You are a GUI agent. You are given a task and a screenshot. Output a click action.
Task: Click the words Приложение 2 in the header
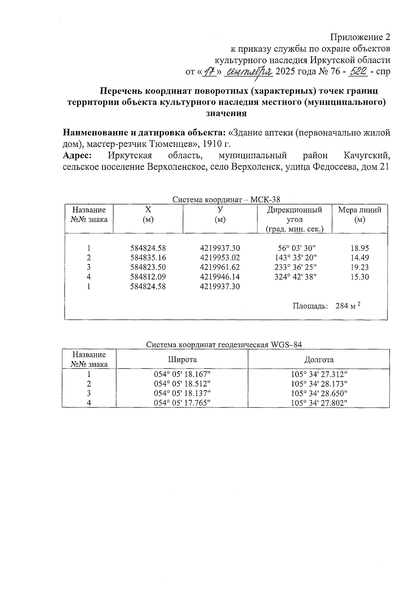[360, 37]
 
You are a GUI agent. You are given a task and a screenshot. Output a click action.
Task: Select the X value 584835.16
[148, 258]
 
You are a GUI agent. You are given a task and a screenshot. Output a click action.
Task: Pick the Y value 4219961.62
[220, 267]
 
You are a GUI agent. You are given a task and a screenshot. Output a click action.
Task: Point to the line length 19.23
[359, 267]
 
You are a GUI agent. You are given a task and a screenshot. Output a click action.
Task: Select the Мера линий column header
[359, 214]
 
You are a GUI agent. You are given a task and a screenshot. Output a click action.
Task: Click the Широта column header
[182, 360]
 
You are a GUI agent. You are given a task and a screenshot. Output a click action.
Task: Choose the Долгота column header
[319, 360]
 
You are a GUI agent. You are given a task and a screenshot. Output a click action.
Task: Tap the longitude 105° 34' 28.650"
[319, 393]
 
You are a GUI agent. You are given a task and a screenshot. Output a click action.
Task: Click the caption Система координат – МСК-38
[226, 200]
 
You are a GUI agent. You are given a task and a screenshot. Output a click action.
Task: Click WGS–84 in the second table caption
[287, 345]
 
